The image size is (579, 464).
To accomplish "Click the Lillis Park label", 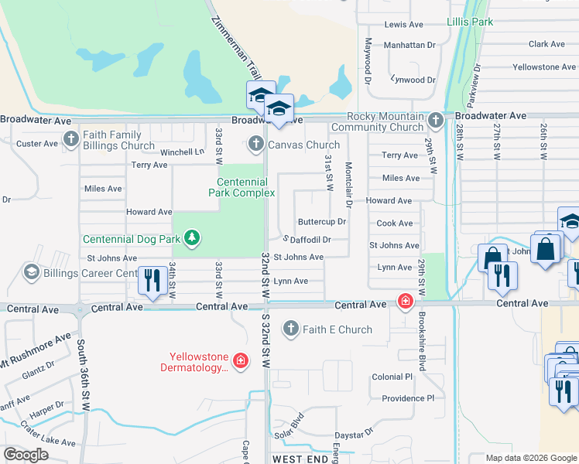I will tap(470, 22).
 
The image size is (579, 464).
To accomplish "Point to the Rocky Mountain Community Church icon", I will tap(436, 121).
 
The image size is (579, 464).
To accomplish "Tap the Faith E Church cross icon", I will tap(291, 329).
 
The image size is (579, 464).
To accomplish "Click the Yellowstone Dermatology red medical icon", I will tap(240, 361).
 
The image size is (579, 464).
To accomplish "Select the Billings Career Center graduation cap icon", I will tap(32, 272).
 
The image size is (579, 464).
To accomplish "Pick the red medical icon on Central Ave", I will tap(404, 301).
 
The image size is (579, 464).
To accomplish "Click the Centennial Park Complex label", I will tap(240, 187).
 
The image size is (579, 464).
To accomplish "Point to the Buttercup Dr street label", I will tap(321, 222).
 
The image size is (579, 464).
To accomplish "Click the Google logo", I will tap(26, 455).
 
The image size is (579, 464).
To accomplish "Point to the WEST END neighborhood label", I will tap(303, 459).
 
